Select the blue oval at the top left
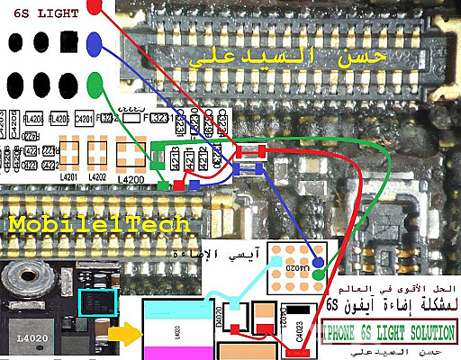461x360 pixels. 95,43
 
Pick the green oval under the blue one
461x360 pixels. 95,85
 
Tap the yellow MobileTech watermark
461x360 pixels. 99,223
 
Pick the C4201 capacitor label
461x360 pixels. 86,117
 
